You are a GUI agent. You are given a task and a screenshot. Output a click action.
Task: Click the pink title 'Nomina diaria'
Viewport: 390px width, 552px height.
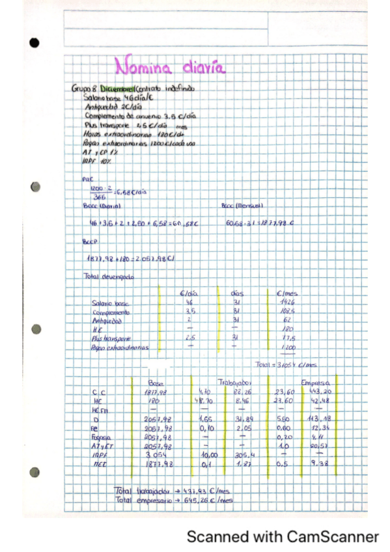pos(170,67)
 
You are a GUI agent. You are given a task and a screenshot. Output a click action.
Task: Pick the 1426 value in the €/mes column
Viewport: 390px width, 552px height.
pos(286,303)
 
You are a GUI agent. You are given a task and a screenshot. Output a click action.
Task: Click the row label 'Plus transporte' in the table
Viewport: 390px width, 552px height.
pos(112,338)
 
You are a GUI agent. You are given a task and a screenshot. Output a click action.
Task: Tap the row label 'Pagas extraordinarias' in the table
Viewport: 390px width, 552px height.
pos(120,348)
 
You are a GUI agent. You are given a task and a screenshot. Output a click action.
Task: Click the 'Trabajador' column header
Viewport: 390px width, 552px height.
pos(232,382)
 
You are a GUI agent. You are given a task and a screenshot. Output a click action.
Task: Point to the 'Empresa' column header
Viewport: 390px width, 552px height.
pos(317,382)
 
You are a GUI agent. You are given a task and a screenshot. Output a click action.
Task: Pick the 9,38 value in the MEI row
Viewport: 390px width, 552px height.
pos(319,464)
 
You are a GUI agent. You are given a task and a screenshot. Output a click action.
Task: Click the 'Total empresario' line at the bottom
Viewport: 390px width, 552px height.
pos(173,499)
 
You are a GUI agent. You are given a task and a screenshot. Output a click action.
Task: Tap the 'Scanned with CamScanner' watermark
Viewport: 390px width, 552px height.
pos(283,537)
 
